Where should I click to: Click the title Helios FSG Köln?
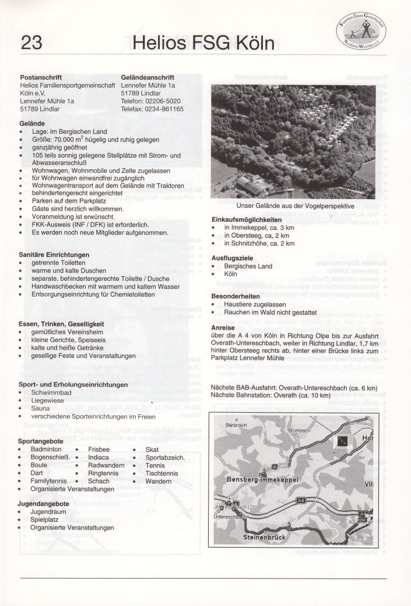click(x=203, y=43)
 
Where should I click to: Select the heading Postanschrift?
click(x=41, y=77)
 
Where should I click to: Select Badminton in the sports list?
click(x=46, y=449)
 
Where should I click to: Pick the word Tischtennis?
click(x=162, y=473)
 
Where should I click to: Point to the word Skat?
click(x=152, y=449)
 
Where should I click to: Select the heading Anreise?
click(x=223, y=328)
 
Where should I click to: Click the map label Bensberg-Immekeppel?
click(x=262, y=479)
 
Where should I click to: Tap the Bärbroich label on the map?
click(x=237, y=425)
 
